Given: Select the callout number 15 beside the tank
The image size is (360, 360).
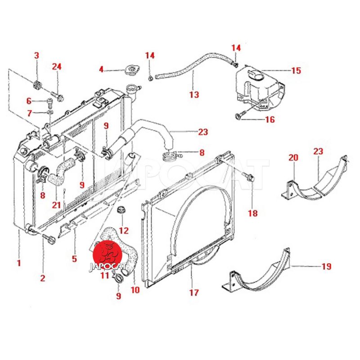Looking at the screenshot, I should (x=296, y=71).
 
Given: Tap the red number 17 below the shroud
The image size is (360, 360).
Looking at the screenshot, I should (x=193, y=292).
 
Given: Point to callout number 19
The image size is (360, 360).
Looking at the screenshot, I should (x=326, y=266).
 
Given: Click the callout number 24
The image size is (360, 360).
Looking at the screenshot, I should (x=56, y=67).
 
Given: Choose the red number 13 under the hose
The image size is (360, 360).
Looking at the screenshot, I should (x=193, y=95).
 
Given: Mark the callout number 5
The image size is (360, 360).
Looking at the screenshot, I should (x=74, y=259).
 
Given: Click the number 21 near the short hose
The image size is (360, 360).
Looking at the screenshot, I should (x=56, y=205).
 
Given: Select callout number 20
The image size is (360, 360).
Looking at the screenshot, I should (x=293, y=157).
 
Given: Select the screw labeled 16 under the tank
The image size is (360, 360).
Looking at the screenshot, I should (x=238, y=117).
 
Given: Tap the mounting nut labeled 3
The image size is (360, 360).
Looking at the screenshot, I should (x=38, y=84).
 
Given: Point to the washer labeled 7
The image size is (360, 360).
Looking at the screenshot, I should (x=49, y=112).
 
